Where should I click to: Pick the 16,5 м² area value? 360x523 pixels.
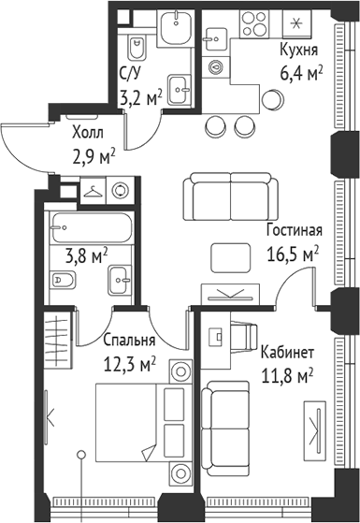[x=293, y=252]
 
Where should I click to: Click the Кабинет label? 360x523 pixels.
[x=288, y=352]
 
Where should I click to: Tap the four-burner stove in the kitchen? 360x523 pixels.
[x=255, y=25]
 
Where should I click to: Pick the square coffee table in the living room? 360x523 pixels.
[x=230, y=255]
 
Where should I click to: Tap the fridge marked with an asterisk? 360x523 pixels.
[x=298, y=23]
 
